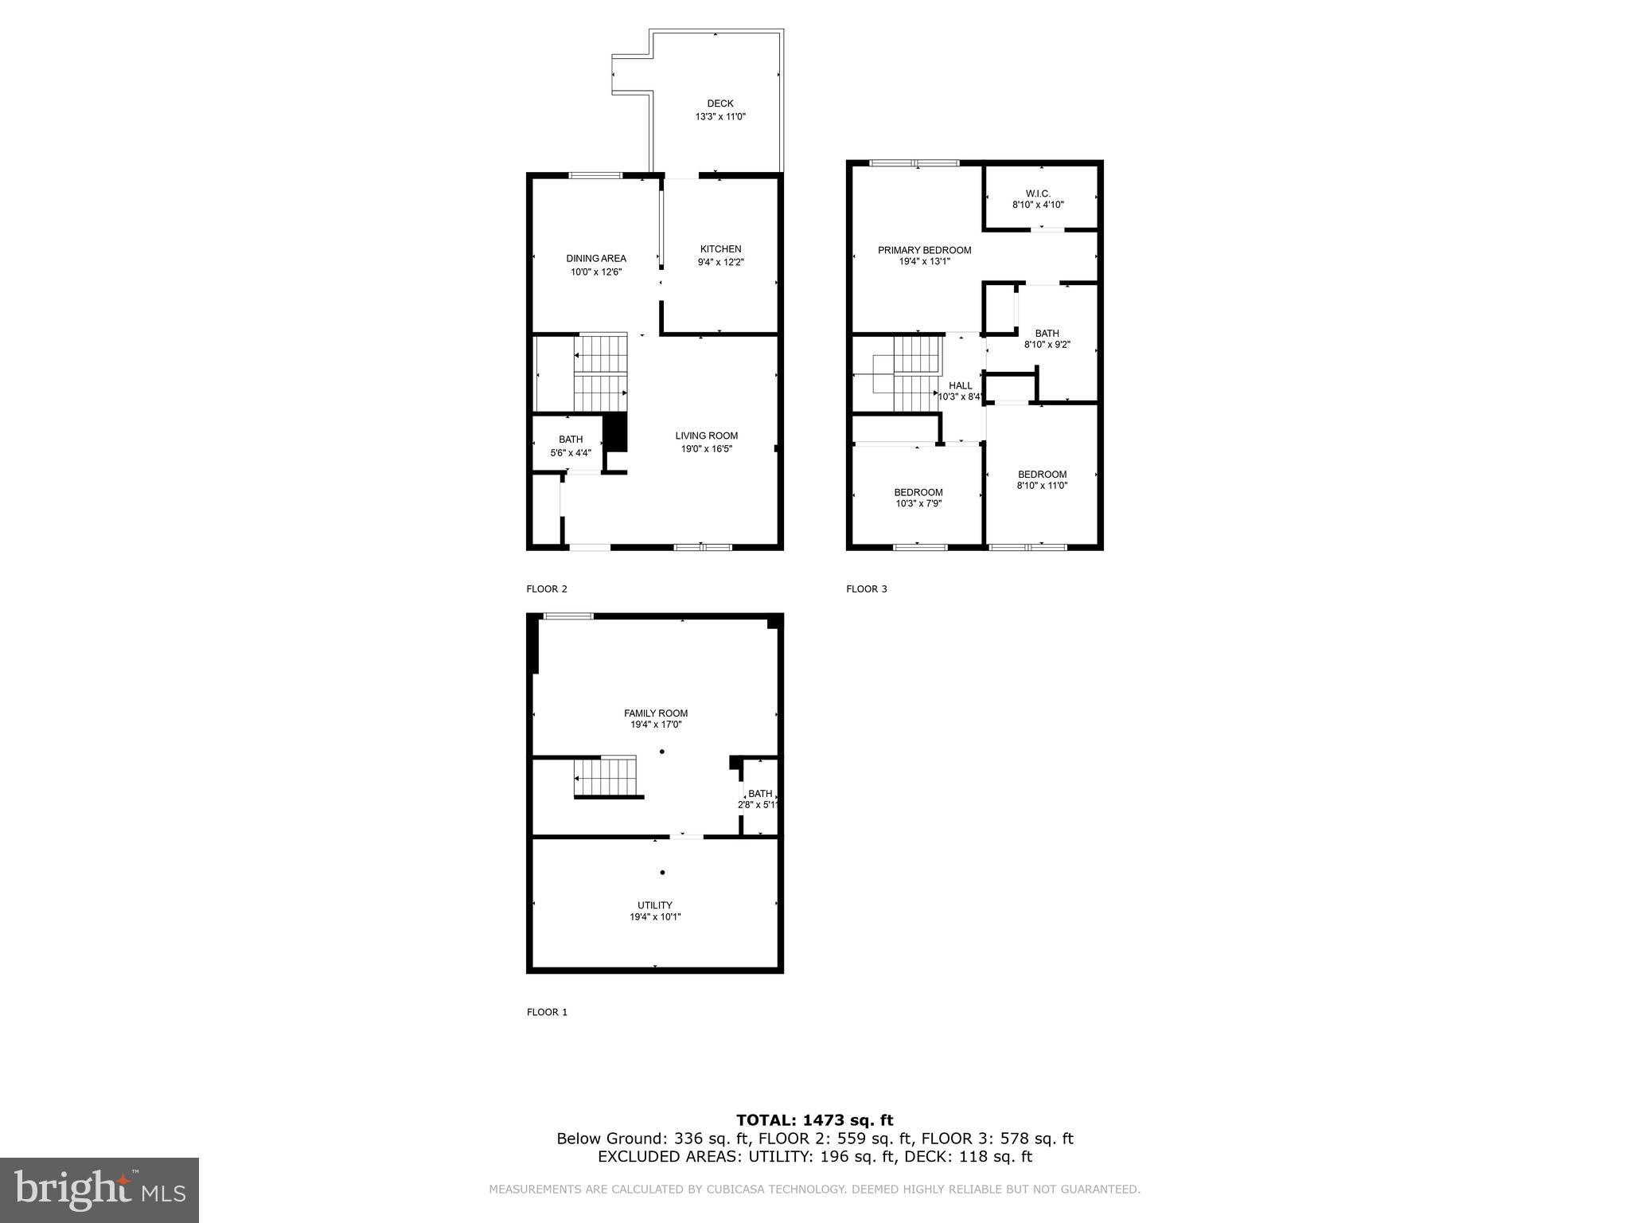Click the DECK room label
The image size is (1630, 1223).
tap(720, 104)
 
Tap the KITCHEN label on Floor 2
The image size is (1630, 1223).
tap(720, 249)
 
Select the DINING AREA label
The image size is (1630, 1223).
tap(596, 259)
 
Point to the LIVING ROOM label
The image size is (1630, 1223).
tap(706, 436)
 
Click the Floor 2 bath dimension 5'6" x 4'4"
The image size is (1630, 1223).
tap(571, 453)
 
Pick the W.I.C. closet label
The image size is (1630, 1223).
tap(1038, 193)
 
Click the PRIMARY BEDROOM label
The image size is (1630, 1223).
tap(924, 250)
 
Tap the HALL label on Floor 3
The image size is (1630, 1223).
tap(961, 385)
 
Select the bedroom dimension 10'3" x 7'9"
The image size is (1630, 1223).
tap(918, 503)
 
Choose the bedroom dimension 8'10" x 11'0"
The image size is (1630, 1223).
tap(1042, 486)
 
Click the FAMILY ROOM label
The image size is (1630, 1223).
tap(656, 713)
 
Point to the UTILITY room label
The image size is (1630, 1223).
tap(655, 905)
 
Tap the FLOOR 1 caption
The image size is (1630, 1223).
tap(547, 1012)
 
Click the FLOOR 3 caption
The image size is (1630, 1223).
tap(866, 589)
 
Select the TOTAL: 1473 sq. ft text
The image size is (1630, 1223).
tap(814, 1120)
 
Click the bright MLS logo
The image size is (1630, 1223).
tap(99, 1190)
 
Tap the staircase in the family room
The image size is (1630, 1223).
tap(606, 776)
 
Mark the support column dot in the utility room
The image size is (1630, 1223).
tap(662, 873)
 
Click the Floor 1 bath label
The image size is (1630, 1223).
tap(760, 793)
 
